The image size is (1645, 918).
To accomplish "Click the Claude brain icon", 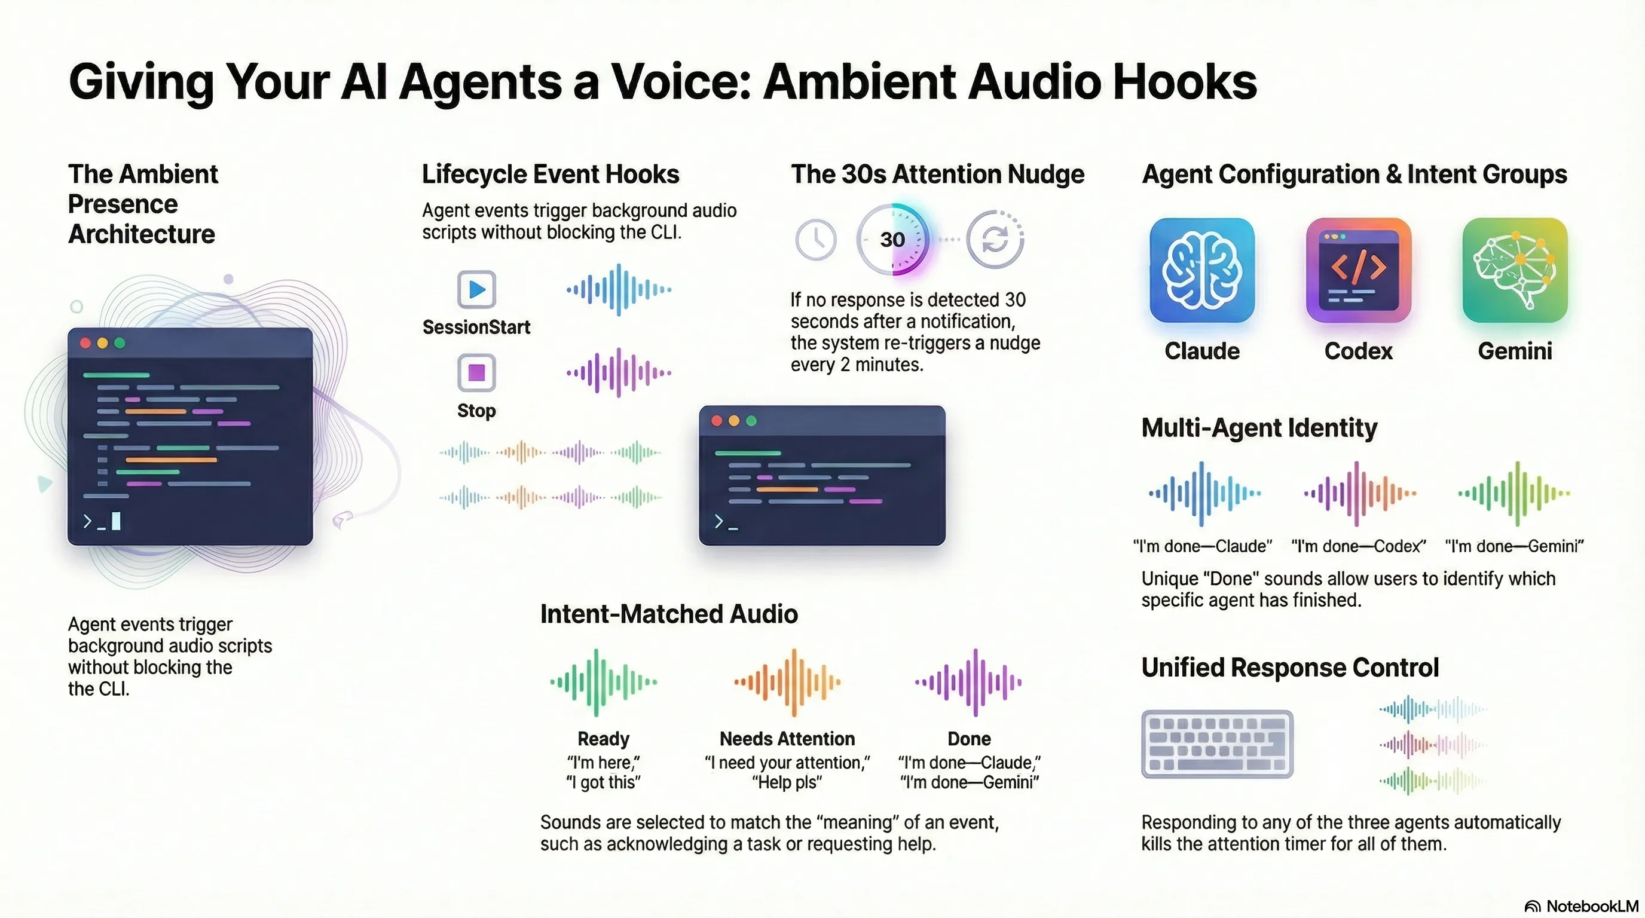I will point(1202,270).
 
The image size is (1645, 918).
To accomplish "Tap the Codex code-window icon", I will point(1358,270).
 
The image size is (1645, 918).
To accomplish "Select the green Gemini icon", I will point(1515,270).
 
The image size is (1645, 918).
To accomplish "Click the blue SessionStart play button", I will point(476,289).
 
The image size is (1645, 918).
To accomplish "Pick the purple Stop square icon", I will point(476,372).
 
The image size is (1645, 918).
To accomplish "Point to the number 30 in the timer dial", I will point(892,240).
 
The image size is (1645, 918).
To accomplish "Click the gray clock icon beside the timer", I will point(815,240).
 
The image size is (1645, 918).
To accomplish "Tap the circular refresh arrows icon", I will point(995,240).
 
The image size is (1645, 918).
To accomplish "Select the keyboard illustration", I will point(1217,743).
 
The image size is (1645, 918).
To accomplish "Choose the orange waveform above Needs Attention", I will point(787,682).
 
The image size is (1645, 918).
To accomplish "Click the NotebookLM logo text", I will point(1591,906).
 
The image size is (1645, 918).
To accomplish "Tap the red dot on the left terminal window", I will point(85,344).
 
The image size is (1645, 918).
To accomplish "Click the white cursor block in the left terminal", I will point(115,521).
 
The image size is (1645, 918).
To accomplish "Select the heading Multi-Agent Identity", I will point(1259,428).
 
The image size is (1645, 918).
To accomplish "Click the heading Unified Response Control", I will point(1290,668).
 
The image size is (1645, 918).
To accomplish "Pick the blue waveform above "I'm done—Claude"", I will point(1203,493).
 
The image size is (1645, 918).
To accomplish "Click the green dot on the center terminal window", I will point(751,421).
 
